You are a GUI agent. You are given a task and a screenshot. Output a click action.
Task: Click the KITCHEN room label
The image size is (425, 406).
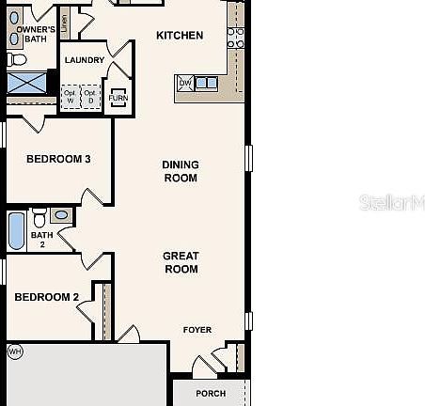179,36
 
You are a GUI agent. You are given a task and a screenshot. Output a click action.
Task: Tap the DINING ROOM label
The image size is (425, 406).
181,171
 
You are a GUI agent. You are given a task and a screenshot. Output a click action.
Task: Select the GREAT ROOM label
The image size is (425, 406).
181,262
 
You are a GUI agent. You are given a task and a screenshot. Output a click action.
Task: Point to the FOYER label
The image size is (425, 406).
197,330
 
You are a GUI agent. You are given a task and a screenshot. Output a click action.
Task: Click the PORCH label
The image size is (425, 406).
211,394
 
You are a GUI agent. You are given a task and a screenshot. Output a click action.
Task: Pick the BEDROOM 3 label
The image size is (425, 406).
58,159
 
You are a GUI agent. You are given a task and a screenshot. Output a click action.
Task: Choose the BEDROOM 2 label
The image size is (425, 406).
46,298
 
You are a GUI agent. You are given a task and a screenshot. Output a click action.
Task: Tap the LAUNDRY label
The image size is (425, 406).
84,61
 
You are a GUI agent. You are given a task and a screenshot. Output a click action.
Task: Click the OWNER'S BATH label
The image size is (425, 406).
34,36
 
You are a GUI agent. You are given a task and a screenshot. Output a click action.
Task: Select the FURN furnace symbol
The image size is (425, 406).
118,98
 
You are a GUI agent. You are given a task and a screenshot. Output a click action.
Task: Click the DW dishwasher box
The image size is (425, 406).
184,84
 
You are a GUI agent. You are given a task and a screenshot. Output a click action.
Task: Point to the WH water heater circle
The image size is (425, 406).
14,351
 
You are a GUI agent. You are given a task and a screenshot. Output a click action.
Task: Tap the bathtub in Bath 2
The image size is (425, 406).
16,231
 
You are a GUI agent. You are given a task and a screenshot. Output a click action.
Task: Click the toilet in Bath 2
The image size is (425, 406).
39,218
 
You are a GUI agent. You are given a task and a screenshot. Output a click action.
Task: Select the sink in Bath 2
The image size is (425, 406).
61,216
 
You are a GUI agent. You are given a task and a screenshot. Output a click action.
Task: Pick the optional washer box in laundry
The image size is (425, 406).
71,97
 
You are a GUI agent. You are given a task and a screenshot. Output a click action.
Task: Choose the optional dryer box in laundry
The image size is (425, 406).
90,97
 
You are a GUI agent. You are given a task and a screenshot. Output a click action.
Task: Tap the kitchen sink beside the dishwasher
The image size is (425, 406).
206,84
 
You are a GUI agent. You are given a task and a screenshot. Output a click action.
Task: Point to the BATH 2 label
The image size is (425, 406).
41,240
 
